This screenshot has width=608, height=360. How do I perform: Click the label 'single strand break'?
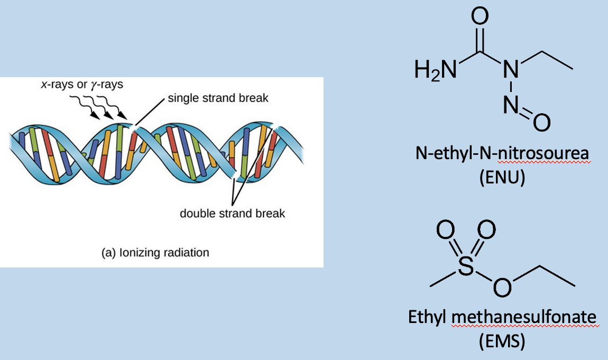point(218,98)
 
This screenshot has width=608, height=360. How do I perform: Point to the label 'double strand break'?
point(232,214)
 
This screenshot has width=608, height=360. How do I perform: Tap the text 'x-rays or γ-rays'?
point(82,85)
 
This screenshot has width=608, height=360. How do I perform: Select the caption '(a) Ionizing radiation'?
point(155,253)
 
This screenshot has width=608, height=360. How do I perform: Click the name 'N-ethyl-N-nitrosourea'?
point(502,154)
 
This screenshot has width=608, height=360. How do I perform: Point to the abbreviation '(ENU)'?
point(502,178)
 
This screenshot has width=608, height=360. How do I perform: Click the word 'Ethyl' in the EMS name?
point(428,318)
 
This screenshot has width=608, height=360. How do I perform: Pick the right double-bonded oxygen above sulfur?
point(486,230)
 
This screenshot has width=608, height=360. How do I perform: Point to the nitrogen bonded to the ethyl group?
point(511,69)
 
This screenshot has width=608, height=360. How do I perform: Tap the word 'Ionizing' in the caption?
point(140,253)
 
